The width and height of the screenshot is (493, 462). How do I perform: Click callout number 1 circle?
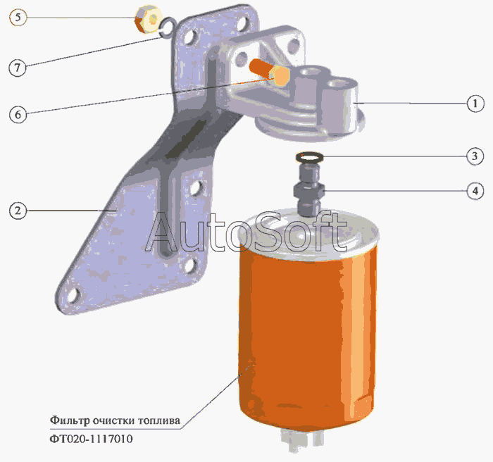(475, 103)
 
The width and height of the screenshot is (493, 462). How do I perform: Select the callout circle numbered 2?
(18, 210)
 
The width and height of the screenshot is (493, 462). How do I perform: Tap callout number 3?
(475, 156)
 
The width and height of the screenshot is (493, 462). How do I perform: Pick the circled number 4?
(475, 190)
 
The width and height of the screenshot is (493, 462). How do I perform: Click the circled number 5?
(18, 15)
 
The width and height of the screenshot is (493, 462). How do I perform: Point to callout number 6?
(18, 113)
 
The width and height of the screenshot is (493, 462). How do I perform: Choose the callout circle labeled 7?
(18, 68)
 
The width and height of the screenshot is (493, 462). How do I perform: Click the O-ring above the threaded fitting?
(310, 156)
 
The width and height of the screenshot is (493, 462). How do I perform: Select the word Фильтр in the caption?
(68, 420)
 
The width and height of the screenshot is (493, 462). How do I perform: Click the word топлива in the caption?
(159, 420)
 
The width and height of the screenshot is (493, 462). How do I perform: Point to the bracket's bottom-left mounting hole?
(72, 296)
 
